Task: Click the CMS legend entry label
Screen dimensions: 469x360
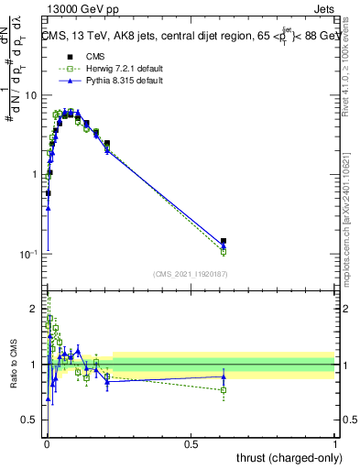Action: (83, 56)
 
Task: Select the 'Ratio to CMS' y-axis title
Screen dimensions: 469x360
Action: (14, 364)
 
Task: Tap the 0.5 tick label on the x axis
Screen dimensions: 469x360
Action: (191, 444)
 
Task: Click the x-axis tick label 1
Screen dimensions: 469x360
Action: (334, 444)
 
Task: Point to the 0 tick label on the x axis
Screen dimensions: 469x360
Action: (47, 444)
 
